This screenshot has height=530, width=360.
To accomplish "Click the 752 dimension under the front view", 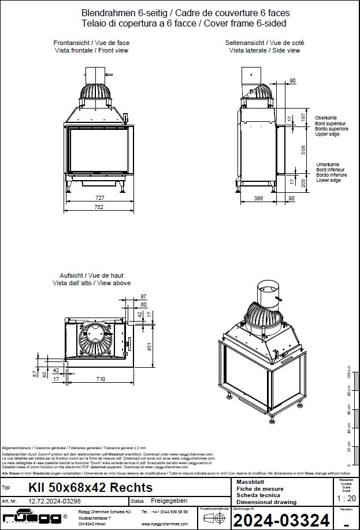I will (x=99, y=207).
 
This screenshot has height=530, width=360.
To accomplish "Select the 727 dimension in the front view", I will (x=99, y=197).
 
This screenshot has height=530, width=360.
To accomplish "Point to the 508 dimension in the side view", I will (x=303, y=148).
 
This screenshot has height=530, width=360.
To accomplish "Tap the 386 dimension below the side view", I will (x=258, y=198).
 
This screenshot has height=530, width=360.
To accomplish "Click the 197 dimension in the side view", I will (x=303, y=117).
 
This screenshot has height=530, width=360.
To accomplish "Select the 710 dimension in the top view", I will (x=100, y=379).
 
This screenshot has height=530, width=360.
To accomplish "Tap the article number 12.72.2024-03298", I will (x=57, y=501).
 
